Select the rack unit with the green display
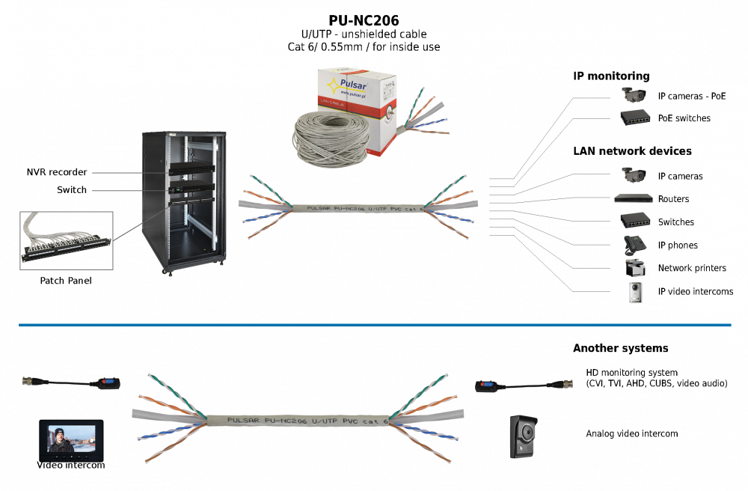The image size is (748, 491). (191, 198)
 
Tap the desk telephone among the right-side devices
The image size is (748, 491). (634, 244)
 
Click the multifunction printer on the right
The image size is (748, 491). (634, 268)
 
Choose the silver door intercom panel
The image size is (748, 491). (636, 293)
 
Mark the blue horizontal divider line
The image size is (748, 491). (374, 325)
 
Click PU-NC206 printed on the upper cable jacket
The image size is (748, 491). (352, 208)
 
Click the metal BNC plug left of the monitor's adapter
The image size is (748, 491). (31, 381)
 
